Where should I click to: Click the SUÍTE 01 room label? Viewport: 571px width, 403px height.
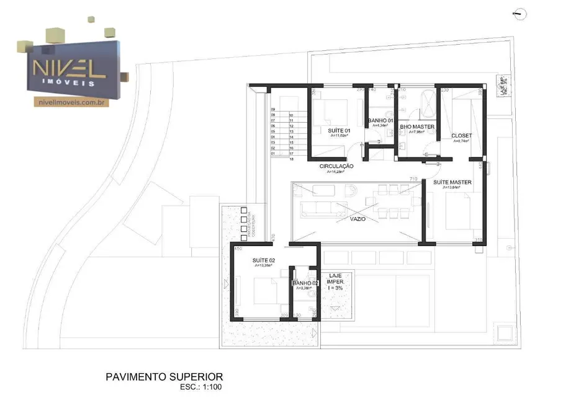coord(338,130)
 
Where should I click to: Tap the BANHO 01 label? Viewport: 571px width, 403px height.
coord(380,120)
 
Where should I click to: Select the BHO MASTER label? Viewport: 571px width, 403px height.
coord(416,126)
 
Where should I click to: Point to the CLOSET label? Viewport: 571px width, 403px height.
coord(461,135)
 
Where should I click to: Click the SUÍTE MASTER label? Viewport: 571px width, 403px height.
coord(452,182)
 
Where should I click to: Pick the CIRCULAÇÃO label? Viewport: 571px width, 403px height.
coord(336,166)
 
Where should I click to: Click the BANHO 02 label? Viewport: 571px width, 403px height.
coord(305,283)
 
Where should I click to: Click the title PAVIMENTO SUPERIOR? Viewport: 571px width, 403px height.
coord(164,376)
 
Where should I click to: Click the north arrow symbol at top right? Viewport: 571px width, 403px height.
coord(519,13)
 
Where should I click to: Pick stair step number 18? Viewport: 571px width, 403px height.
coord(291,159)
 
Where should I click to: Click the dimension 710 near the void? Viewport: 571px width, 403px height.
coord(413,179)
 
